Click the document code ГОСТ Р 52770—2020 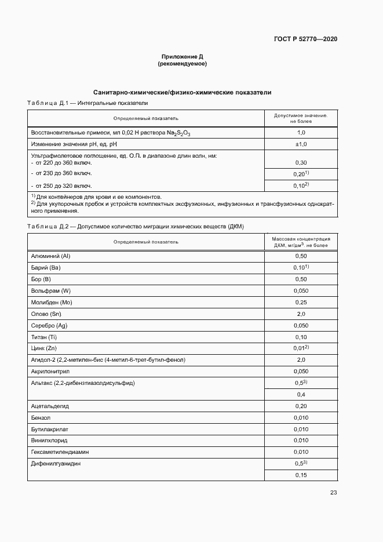point(305,39)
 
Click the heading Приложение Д point(182,56)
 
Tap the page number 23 point(333,493)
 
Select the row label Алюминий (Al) point(50,256)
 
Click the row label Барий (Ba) point(45,267)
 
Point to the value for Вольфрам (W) point(301,290)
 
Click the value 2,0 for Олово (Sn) point(301,314)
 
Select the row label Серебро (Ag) point(49,325)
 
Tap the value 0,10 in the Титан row point(301,337)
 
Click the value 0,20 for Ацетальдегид point(301,406)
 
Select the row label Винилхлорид point(48,441)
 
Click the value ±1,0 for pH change point(301,144)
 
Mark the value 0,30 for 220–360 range point(301,162)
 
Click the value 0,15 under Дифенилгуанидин point(301,475)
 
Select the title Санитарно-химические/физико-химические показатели point(182,92)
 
